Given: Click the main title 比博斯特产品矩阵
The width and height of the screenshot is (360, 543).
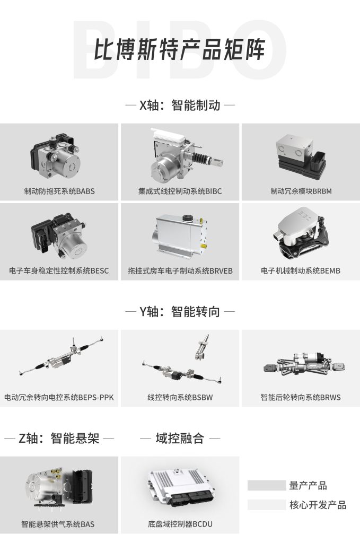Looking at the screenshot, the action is [x=180, y=49].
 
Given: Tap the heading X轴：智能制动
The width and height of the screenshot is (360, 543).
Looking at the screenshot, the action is [x=180, y=105].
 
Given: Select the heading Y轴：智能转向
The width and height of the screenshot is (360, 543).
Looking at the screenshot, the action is [x=180, y=312].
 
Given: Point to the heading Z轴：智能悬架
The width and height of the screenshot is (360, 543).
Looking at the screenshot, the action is [x=59, y=439].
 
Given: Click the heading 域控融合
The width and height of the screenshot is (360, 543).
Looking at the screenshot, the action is [x=180, y=439].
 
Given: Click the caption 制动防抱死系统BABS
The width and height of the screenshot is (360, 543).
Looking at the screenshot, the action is [x=59, y=191].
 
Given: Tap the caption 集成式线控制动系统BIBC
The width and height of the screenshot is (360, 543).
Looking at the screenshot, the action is [x=180, y=191].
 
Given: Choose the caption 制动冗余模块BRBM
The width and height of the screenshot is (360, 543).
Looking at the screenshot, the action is [x=301, y=191].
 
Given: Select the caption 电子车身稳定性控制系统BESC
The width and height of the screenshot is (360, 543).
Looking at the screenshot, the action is [x=59, y=271].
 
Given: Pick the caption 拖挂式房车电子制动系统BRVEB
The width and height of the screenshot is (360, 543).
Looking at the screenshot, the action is [x=180, y=271].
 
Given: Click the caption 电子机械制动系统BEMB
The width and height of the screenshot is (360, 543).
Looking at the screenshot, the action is [x=301, y=271].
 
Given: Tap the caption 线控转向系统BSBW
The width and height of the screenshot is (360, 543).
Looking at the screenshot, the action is [x=180, y=398].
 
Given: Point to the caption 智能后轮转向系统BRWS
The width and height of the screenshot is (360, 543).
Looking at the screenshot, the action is [x=301, y=398].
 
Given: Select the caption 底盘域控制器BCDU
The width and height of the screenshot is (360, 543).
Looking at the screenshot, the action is [x=180, y=524].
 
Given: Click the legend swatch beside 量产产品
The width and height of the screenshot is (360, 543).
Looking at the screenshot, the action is [x=267, y=486].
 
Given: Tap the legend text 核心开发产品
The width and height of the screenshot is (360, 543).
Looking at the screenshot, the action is [x=318, y=505].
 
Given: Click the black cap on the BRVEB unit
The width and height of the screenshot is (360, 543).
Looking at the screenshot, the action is [x=187, y=218].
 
